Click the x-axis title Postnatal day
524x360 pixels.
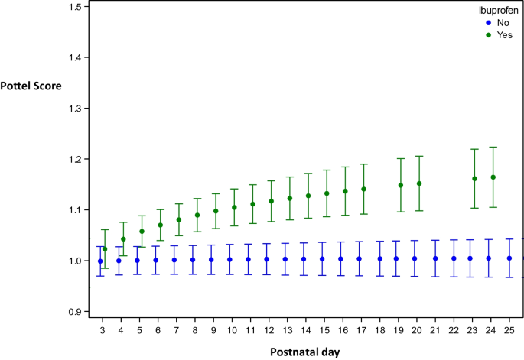coord(304,352)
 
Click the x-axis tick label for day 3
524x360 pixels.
coord(101,329)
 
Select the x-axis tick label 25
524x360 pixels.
coord(509,329)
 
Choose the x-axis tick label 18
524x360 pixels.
coord(379,329)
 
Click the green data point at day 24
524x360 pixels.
coord(493,177)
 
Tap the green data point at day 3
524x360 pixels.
coord(105,249)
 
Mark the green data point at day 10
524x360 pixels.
coord(234,207)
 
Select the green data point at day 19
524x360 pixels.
coord(401,185)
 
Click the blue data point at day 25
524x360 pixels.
coord(509,258)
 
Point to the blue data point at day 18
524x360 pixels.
coord(379,259)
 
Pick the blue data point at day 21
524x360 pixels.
coord(435,258)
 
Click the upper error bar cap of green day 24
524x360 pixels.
coord(493,147)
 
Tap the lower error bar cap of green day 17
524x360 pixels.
coord(364,214)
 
